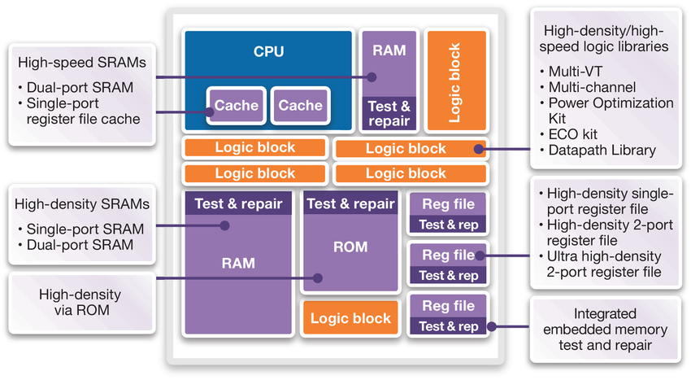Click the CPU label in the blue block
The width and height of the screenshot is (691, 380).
(x=268, y=51)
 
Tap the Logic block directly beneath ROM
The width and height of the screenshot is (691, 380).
(x=350, y=318)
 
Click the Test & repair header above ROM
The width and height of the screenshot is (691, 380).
(x=350, y=204)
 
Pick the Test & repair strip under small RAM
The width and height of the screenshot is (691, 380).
(x=389, y=113)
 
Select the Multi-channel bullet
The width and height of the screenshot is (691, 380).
(x=592, y=86)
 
